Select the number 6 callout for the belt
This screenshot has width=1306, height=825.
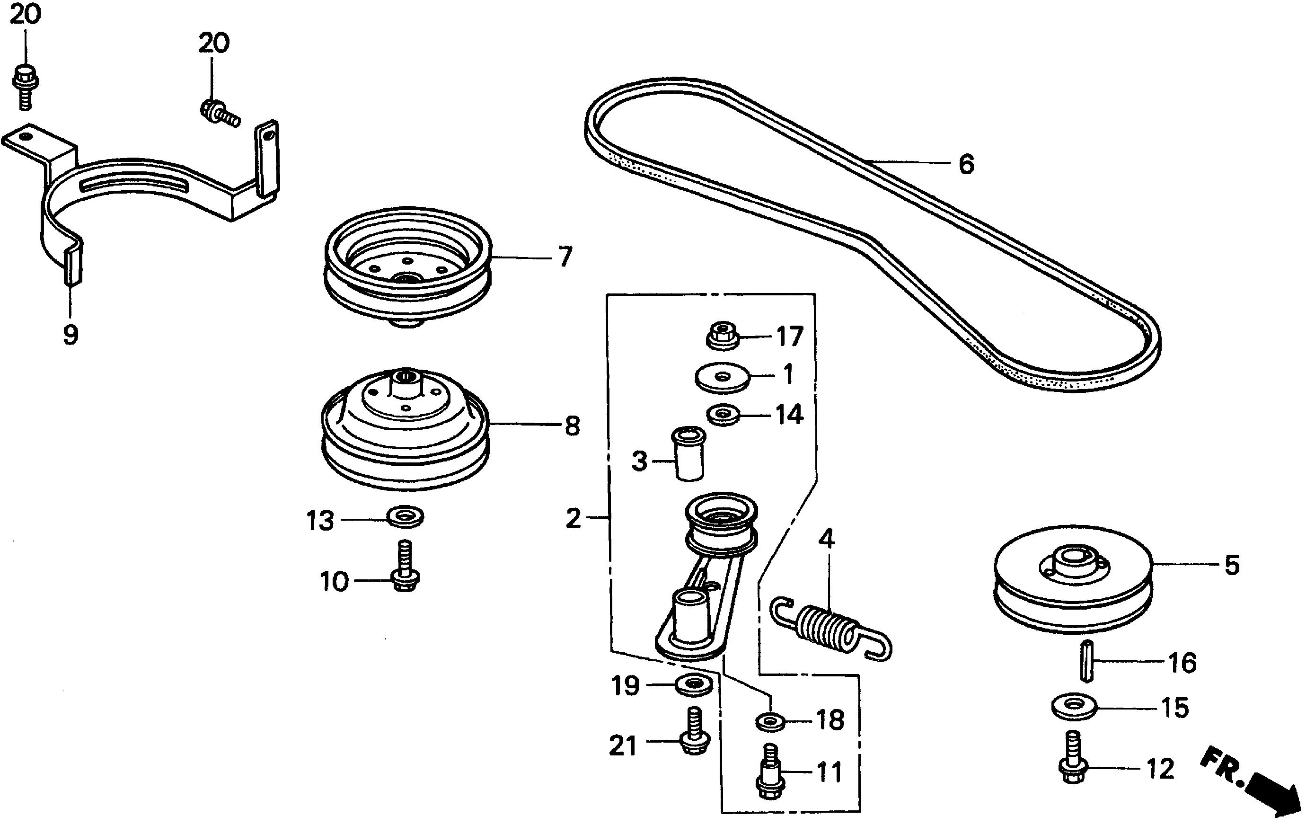click(x=966, y=164)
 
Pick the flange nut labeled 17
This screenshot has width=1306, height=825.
click(x=724, y=336)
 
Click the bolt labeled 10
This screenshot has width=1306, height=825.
click(x=405, y=567)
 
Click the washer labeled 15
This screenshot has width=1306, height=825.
click(x=1073, y=707)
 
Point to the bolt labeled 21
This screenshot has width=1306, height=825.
click(x=695, y=730)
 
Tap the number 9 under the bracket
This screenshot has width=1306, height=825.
click(x=71, y=335)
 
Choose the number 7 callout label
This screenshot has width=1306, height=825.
click(x=565, y=257)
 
